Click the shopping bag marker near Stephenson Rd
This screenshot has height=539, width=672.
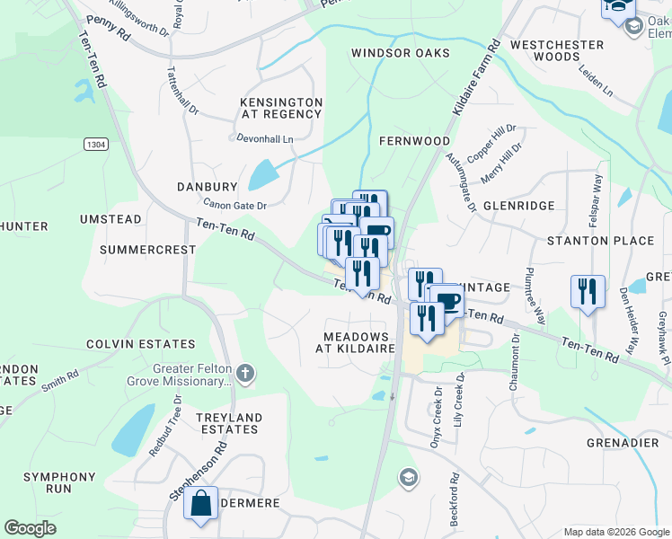(x=201, y=505)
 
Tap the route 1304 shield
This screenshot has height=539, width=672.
(x=96, y=144)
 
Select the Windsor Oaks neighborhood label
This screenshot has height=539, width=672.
(x=400, y=53)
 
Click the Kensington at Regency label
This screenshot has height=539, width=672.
(x=280, y=109)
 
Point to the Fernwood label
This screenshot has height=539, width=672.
(x=414, y=141)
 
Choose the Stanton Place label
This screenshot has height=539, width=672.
(x=600, y=241)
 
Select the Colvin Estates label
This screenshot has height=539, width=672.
(x=140, y=344)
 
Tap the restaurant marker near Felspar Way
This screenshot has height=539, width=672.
(x=586, y=292)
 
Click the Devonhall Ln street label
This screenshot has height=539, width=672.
(x=264, y=140)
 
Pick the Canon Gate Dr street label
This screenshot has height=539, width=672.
(x=234, y=205)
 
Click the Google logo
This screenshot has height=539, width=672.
(x=31, y=528)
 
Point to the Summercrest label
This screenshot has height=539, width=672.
(x=147, y=249)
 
